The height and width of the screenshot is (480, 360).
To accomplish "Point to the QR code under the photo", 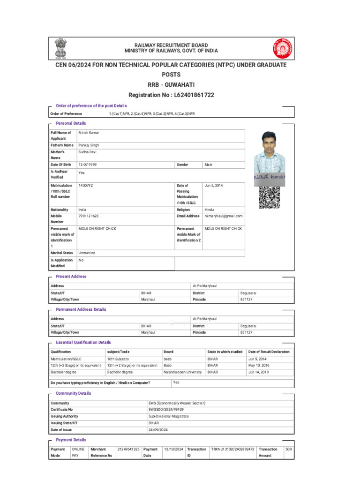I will tap(269, 197).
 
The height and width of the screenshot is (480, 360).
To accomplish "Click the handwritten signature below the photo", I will tap(269, 178).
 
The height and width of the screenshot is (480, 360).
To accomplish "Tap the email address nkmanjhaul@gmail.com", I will tap(223, 216).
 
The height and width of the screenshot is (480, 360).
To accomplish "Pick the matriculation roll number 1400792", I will tap(86, 186).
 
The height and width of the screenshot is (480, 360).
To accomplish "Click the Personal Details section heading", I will tap(71, 123).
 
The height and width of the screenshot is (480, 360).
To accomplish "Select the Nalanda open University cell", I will tap(182, 372).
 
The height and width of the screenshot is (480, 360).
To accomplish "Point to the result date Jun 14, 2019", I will tap(259, 372).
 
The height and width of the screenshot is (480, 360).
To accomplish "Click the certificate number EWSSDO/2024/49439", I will tap(166, 410).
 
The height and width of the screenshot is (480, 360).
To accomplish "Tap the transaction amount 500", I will tap(289, 449).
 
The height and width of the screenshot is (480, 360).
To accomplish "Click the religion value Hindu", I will tap(210, 210).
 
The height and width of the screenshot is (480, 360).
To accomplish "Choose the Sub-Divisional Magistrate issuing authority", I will tap(169, 416).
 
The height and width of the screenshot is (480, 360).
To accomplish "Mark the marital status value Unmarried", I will tap(87, 253).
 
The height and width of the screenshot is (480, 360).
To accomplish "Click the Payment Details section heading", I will tap(71, 440).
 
